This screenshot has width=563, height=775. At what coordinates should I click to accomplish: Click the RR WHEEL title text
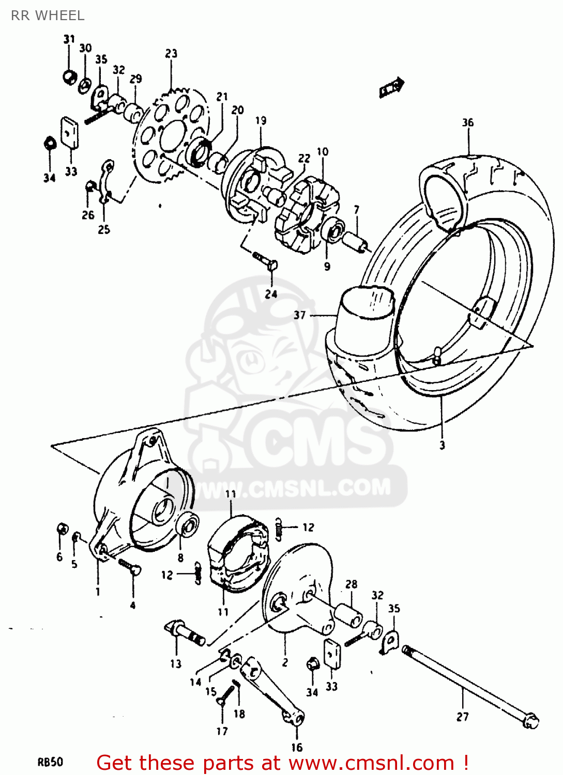click(48, 16)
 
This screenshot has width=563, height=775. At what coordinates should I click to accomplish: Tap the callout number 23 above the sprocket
click(171, 54)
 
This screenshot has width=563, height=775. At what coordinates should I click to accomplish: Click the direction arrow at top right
click(391, 88)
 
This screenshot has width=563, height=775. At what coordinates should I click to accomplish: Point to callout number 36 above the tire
click(467, 122)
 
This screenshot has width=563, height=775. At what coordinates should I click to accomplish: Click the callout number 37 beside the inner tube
click(300, 315)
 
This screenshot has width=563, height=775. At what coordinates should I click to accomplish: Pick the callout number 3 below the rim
click(442, 445)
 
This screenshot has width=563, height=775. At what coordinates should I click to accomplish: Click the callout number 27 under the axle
click(463, 717)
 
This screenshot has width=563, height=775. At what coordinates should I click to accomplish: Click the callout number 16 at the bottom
click(296, 747)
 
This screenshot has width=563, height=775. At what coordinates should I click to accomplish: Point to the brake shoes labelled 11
click(238, 553)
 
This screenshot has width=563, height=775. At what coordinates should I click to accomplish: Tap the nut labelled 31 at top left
click(69, 77)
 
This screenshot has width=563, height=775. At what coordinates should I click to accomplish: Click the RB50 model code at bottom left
click(50, 762)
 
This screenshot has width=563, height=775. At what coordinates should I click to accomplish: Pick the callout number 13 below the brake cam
click(176, 664)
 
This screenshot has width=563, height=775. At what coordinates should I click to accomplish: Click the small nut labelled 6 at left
click(61, 529)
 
